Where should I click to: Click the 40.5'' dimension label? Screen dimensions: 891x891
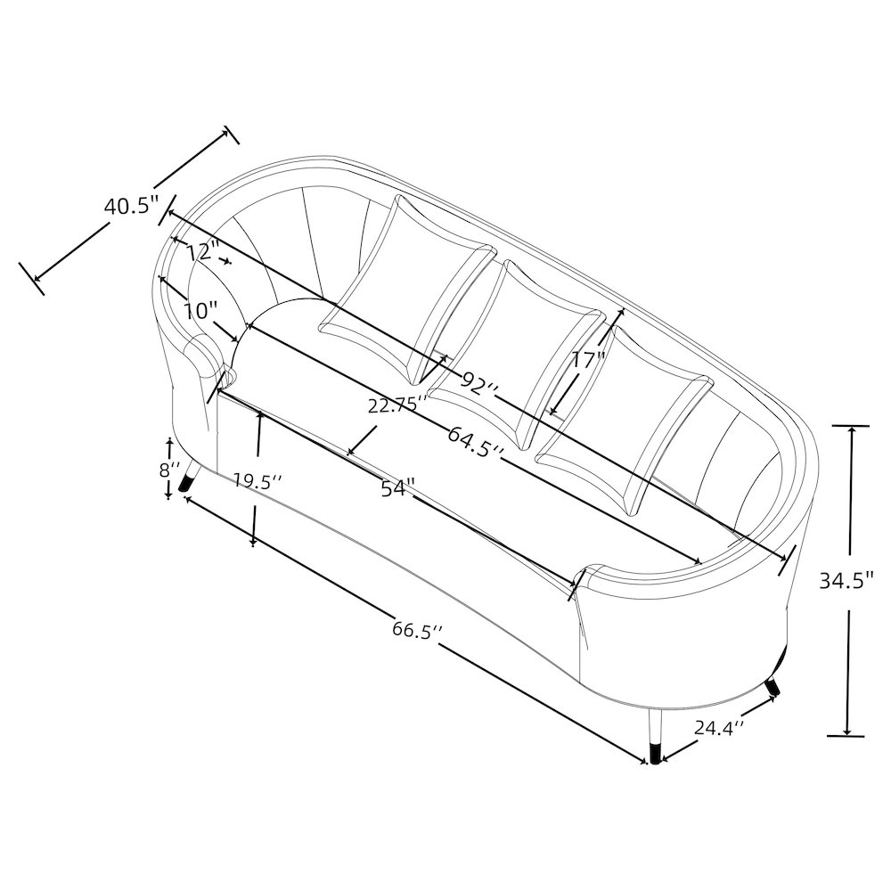[x=130, y=205]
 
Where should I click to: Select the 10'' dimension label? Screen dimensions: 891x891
[x=200, y=311]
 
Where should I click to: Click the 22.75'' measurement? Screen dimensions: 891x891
[x=396, y=405]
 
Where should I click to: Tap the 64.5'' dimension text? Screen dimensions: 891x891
[x=476, y=441]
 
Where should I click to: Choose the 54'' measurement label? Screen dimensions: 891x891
[x=397, y=487]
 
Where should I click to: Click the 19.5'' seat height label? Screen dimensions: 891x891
[x=258, y=482]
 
